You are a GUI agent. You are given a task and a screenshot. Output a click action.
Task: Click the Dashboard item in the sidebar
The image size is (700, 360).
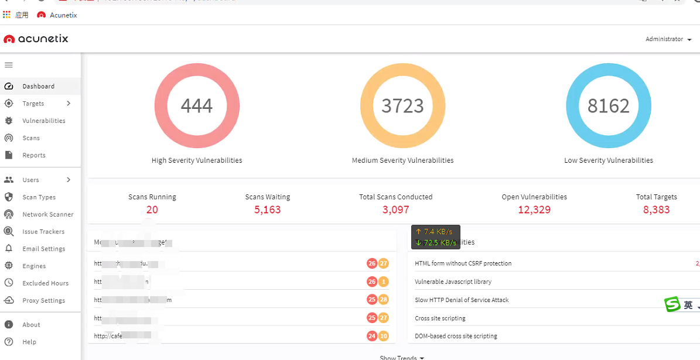pyautogui.click(x=38, y=86)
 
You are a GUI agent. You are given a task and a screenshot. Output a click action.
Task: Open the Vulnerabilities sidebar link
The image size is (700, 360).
pyautogui.click(x=43, y=121)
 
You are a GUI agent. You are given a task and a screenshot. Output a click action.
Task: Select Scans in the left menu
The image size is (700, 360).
pyautogui.click(x=31, y=138)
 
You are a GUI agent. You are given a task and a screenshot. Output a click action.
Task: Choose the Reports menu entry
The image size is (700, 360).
pyautogui.click(x=33, y=155)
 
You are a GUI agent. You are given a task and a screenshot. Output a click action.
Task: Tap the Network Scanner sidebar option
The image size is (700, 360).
pyautogui.click(x=47, y=214)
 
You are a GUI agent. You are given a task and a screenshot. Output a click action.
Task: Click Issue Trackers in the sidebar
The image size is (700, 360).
pyautogui.click(x=43, y=232)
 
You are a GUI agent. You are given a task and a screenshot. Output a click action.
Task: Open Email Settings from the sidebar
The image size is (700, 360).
pyautogui.click(x=43, y=249)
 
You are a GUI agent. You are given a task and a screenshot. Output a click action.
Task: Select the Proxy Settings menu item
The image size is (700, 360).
pyautogui.click(x=43, y=300)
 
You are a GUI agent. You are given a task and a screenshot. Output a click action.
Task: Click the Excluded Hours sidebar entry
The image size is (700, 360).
pyautogui.click(x=45, y=283)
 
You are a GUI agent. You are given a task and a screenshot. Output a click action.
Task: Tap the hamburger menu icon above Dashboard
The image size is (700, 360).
pyautogui.click(x=9, y=65)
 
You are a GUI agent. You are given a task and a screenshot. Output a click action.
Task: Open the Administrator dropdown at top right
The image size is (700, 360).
pyautogui.click(x=668, y=39)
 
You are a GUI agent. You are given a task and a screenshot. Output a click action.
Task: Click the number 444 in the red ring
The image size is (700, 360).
pyautogui.click(x=197, y=106)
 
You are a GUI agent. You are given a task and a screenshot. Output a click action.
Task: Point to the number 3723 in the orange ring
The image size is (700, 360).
pyautogui.click(x=402, y=106)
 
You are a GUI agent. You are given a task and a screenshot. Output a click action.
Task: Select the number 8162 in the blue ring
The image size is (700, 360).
pyautogui.click(x=608, y=106)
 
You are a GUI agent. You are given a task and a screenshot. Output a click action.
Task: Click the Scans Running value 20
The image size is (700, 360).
pyautogui.click(x=152, y=210)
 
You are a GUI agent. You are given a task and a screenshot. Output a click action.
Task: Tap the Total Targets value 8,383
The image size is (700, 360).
pyautogui.click(x=656, y=210)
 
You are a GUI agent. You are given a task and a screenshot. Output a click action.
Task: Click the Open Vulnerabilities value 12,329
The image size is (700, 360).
pyautogui.click(x=534, y=210)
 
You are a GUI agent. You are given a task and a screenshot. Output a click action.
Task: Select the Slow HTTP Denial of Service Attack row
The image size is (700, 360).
pyautogui.click(x=462, y=300)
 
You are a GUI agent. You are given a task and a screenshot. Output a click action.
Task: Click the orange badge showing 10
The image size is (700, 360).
pyautogui.click(x=384, y=336)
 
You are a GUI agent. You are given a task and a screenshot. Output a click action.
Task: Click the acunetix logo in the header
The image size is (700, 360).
pyautogui.click(x=36, y=39)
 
